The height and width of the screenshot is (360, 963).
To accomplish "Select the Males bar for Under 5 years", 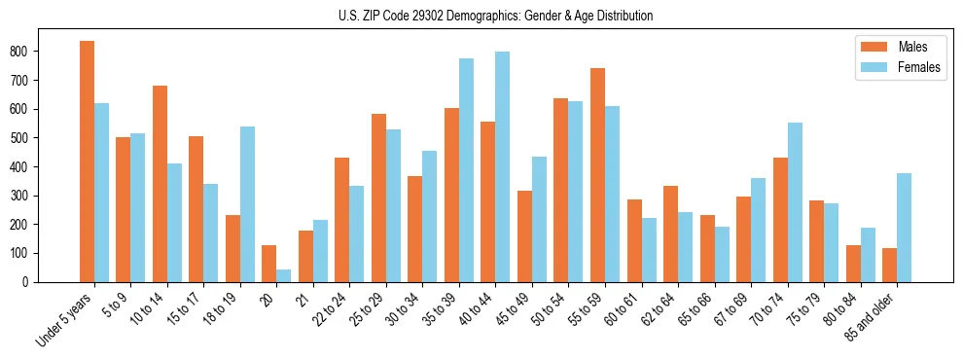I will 87,162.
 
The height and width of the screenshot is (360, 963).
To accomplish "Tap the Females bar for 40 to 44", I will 503,166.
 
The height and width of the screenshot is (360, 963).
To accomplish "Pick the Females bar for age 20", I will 284,275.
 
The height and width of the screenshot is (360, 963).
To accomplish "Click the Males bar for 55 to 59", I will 597,175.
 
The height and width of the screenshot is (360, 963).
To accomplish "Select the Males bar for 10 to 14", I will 160,184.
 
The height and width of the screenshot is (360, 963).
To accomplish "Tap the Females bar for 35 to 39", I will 466,170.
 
